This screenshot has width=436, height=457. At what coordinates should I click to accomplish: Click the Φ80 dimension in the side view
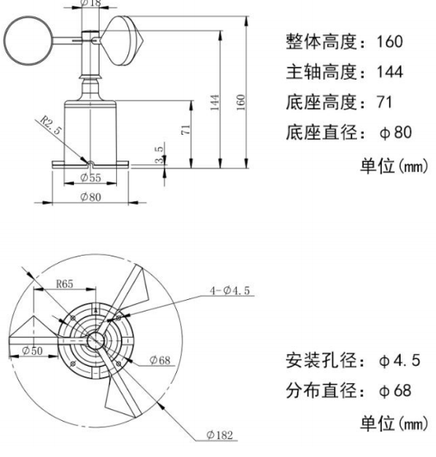pos(92,198)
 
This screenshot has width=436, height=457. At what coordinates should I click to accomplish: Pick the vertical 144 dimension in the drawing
pos(216,102)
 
